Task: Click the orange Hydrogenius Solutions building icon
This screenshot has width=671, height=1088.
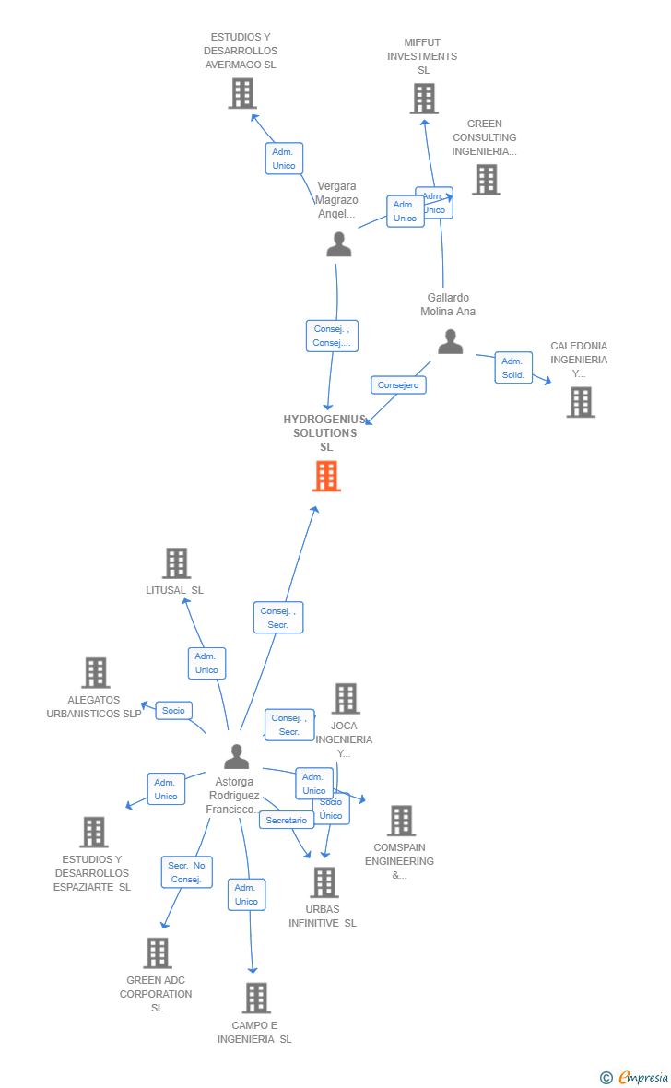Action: tap(326, 476)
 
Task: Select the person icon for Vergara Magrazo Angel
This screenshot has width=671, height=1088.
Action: tap(339, 244)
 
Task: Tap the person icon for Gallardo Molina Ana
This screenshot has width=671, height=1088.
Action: tap(450, 342)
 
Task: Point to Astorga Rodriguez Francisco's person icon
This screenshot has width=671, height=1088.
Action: tap(237, 756)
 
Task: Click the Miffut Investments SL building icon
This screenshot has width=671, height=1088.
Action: tap(424, 99)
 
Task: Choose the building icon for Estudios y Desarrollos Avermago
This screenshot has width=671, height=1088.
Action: tap(242, 93)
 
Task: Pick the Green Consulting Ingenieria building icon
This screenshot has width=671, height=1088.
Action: tap(487, 180)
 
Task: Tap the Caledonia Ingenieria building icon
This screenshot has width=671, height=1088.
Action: tap(581, 402)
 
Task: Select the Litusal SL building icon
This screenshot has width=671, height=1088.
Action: tap(176, 563)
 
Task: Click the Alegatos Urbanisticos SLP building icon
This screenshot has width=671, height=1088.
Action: tap(96, 673)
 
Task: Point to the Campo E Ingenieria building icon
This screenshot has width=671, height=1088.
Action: tap(256, 998)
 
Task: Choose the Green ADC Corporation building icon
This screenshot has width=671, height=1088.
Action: tap(158, 953)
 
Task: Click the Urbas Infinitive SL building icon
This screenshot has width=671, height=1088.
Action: tap(324, 882)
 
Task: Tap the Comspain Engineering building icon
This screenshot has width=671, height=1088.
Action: tap(401, 821)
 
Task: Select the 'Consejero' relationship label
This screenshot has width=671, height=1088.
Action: tap(398, 385)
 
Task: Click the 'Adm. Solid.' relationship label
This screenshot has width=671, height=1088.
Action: tap(512, 368)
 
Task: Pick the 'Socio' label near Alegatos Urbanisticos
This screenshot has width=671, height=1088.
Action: tap(173, 710)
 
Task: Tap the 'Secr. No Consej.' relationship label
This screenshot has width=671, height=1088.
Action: tap(186, 872)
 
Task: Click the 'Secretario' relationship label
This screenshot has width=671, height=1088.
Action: tap(287, 820)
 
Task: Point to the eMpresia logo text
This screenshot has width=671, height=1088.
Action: tap(642, 1077)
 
